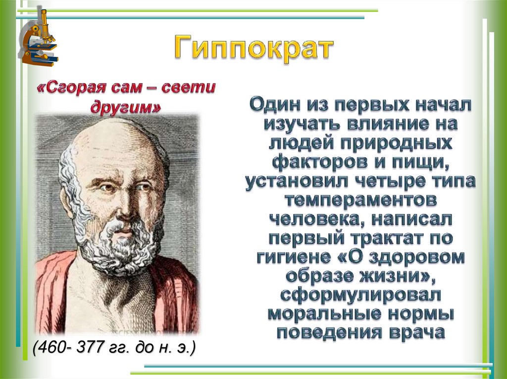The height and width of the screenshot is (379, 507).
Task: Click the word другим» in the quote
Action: point(126,108)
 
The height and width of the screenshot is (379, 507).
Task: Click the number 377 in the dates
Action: point(88,347)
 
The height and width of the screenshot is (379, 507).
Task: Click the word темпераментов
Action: point(360,201)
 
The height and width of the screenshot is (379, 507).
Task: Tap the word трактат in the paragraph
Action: point(380,239)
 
